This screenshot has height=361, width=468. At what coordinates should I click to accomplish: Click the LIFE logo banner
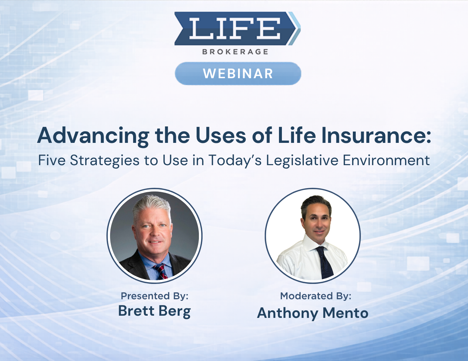(234, 28)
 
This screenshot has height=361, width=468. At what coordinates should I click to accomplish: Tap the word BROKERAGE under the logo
(235, 52)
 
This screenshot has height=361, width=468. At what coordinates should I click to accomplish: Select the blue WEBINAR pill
(238, 74)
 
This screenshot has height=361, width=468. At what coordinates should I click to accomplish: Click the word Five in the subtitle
(52, 160)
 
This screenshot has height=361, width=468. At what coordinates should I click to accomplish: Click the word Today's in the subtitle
(235, 160)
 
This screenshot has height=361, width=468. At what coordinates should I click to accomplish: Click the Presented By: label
(154, 296)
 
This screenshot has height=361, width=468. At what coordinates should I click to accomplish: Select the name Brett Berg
(154, 311)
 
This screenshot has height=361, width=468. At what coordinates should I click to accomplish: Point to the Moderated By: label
(316, 296)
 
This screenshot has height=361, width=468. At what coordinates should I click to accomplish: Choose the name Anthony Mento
(313, 313)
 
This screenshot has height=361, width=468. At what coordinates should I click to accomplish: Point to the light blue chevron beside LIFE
(295, 28)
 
